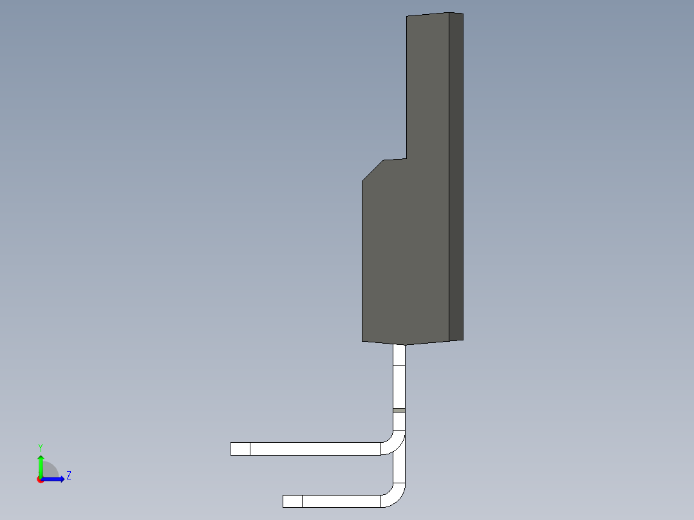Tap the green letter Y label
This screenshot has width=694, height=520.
coord(40,447)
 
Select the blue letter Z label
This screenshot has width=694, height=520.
coord(68,476)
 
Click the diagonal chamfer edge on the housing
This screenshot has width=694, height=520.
coord(373,171)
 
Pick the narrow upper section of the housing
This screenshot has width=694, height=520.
coord(427,84)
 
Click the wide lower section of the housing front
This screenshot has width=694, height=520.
coord(404,257)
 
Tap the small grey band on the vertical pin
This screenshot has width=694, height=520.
coord(399,410)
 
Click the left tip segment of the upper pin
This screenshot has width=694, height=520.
coord(240,449)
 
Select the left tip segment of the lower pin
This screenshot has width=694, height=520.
coord(292,501)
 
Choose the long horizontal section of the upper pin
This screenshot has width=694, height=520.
coord(315,449)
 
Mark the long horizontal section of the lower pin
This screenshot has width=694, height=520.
coord(341,501)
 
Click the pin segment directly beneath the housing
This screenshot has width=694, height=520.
coord(399,355)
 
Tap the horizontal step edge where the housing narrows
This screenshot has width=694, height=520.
coord(395,159)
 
